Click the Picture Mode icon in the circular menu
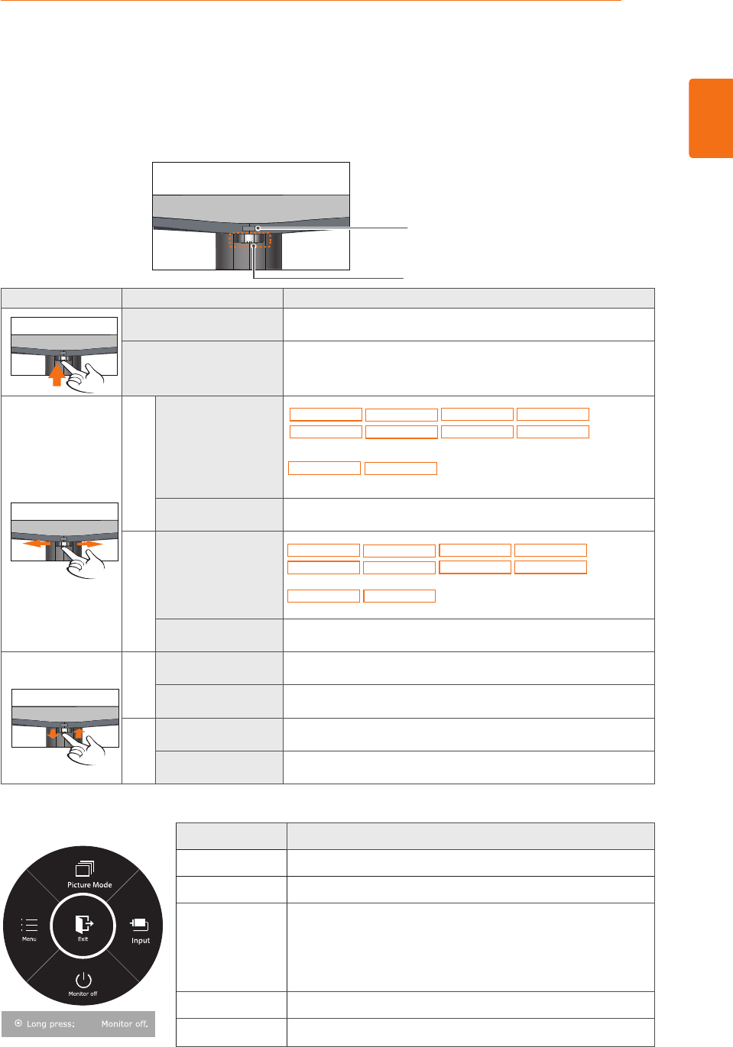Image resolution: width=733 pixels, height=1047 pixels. pyautogui.click(x=84, y=869)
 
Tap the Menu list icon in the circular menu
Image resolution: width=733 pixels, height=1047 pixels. pyautogui.click(x=29, y=925)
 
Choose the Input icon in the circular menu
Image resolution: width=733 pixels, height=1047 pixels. pyautogui.click(x=139, y=925)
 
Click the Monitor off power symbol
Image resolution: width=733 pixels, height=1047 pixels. pyautogui.click(x=83, y=980)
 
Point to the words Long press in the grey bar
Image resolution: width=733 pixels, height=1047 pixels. pyautogui.click(x=50, y=1024)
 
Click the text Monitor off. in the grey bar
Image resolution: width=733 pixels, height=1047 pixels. pyautogui.click(x=125, y=1024)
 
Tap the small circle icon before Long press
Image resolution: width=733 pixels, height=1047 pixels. pyautogui.click(x=18, y=1023)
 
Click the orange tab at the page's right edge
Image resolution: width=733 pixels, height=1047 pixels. pyautogui.click(x=711, y=118)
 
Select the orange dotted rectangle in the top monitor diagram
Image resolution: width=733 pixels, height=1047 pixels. pyautogui.click(x=250, y=240)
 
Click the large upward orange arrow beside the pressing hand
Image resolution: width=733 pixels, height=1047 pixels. pyautogui.click(x=56, y=376)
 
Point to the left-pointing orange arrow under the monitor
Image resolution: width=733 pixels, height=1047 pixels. pyautogui.click(x=34, y=544)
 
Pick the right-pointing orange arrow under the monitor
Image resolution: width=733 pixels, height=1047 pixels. pyautogui.click(x=92, y=544)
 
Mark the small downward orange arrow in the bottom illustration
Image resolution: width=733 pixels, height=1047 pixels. pyautogui.click(x=53, y=735)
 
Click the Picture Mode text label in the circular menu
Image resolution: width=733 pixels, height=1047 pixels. pyautogui.click(x=89, y=885)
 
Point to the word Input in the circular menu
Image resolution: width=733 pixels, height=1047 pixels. pyautogui.click(x=141, y=941)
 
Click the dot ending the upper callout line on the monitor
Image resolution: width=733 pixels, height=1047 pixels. pyautogui.click(x=258, y=228)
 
